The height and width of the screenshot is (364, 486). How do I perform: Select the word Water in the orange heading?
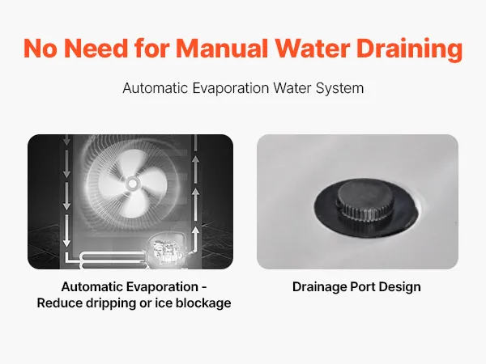point(313,49)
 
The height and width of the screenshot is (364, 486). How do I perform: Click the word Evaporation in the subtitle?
point(231,88)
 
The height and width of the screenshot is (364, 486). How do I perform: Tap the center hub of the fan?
point(133,184)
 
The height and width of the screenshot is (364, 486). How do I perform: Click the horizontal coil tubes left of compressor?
point(113,260)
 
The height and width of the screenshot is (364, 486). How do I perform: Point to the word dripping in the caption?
point(111,303)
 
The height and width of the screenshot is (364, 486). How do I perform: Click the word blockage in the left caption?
point(203,303)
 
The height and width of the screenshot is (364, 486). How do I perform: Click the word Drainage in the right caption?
point(320,287)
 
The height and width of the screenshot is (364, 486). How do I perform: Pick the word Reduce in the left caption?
point(60,303)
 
